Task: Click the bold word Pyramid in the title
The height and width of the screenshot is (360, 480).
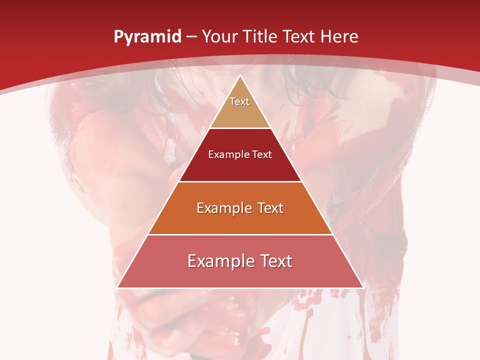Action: pos(147,37)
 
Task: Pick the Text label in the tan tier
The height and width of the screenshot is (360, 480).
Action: pos(239,101)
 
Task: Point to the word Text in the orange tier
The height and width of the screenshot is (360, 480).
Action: pos(267,208)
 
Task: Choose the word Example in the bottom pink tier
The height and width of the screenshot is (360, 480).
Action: pos(218,261)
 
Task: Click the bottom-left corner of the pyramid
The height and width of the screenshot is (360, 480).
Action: pos(117,287)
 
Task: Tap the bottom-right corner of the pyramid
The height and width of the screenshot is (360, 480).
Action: pos(363,287)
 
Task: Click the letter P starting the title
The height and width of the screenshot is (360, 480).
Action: pos(118,37)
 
